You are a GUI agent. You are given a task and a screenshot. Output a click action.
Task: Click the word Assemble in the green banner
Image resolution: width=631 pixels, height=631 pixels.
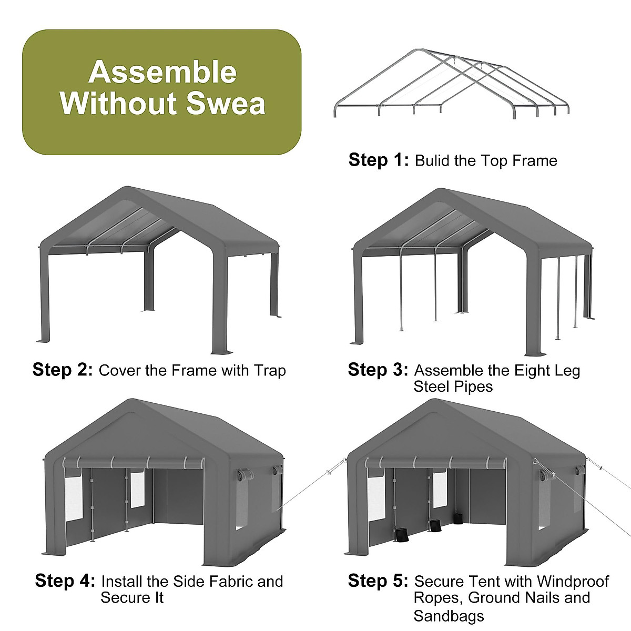162,72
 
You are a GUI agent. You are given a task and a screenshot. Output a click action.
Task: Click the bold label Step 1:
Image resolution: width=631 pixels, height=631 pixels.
378,160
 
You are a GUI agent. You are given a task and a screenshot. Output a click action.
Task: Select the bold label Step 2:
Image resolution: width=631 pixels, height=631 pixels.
63,370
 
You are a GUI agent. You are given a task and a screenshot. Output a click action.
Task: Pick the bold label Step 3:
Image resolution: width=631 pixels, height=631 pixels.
378,370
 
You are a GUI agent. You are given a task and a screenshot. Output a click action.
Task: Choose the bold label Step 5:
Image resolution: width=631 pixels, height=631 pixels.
378,581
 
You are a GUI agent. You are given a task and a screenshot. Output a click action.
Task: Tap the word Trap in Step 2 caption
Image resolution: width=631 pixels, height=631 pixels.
270,371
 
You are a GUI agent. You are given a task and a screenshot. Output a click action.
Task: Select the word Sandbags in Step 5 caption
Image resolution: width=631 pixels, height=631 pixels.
449,616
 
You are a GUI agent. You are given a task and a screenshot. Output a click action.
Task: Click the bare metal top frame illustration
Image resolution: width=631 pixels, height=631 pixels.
452,84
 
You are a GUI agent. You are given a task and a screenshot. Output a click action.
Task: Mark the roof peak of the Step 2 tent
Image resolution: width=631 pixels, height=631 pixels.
125,188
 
